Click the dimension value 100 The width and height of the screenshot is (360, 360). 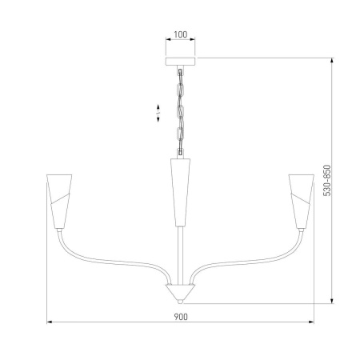[180, 35]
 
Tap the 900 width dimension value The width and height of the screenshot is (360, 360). [180, 317]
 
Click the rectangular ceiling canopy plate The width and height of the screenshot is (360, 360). [180, 60]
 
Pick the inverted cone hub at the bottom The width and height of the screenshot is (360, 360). [180, 291]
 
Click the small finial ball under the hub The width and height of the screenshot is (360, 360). [180, 302]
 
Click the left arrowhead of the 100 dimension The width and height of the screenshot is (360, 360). [166, 42]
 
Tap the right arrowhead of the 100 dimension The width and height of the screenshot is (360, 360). [194, 42]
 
